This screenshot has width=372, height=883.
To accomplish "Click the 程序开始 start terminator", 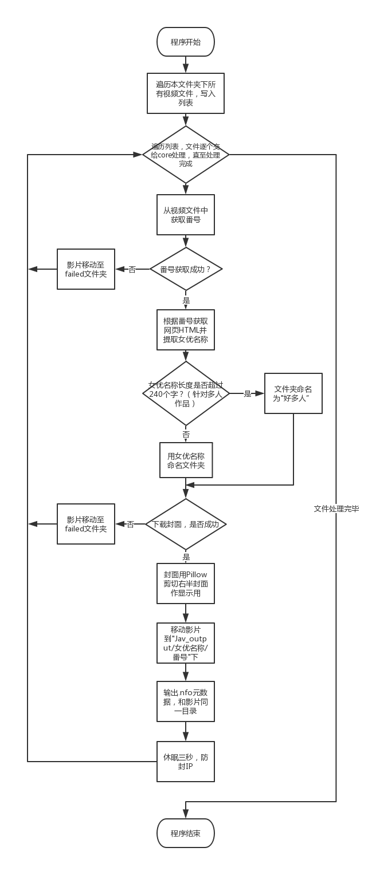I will pos(186,42).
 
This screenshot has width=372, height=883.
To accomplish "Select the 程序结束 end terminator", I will pos(186,833).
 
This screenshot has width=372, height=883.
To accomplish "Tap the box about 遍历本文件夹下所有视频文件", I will pos(186,93).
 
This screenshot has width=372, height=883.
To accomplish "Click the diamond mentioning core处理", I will pos(186,155).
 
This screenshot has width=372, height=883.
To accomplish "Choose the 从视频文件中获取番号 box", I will pos(186,215).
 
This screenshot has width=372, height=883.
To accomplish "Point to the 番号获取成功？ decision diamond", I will pos(186,269).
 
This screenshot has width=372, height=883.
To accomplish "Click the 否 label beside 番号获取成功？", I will pos(132,269).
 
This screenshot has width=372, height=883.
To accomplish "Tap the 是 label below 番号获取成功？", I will pos(186,299).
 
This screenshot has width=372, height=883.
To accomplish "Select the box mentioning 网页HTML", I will pos(186,330).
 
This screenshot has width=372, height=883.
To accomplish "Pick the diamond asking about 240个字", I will pos(186,394).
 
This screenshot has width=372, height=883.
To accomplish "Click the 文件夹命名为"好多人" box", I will pos(293,393).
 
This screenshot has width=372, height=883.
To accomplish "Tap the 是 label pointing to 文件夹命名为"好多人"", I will pos(248,393).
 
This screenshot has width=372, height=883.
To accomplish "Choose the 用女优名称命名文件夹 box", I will pos(186,460).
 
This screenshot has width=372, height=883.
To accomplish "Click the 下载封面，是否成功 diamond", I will pos(186,524).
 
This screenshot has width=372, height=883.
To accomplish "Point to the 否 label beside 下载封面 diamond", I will pos(131,524).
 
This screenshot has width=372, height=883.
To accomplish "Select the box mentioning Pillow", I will pos(186,584).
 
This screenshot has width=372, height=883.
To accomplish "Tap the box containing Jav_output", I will pos(186,643).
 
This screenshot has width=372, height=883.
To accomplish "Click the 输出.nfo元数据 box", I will pos(186,701).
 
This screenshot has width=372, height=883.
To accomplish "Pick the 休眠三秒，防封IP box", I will pos(186,762).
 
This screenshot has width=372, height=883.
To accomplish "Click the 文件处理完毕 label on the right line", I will pos(336,508).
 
